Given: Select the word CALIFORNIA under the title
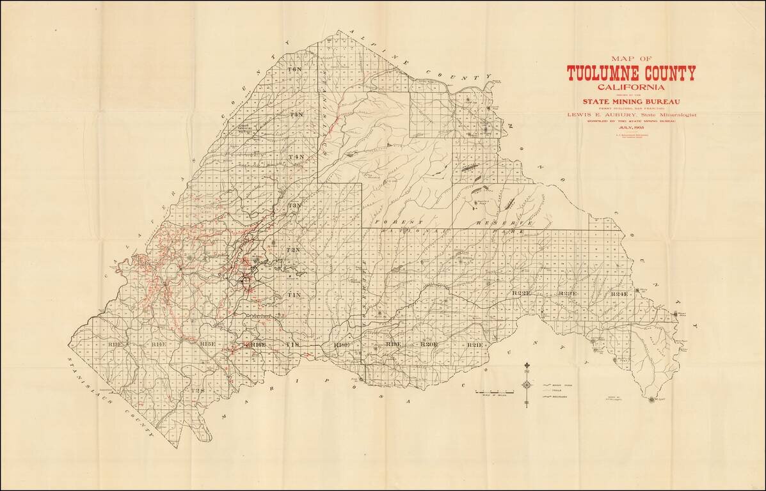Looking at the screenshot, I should [x=631, y=87].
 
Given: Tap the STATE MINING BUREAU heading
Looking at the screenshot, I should [x=630, y=101].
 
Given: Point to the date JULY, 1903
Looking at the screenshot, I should [x=631, y=127].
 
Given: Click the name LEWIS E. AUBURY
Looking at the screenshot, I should [x=598, y=114].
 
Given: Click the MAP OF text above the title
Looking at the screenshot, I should [x=631, y=59].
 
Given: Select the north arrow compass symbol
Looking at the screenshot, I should [x=527, y=384].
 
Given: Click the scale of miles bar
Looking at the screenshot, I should [x=494, y=391].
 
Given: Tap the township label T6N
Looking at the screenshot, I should [x=295, y=69].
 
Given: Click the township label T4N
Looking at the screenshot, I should [x=296, y=157].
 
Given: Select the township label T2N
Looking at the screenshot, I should [x=293, y=249].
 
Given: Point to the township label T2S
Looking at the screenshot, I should [x=198, y=390].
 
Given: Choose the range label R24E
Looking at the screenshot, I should [x=619, y=293].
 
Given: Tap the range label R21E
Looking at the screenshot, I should [x=474, y=345].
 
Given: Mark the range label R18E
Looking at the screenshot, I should [x=340, y=345].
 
